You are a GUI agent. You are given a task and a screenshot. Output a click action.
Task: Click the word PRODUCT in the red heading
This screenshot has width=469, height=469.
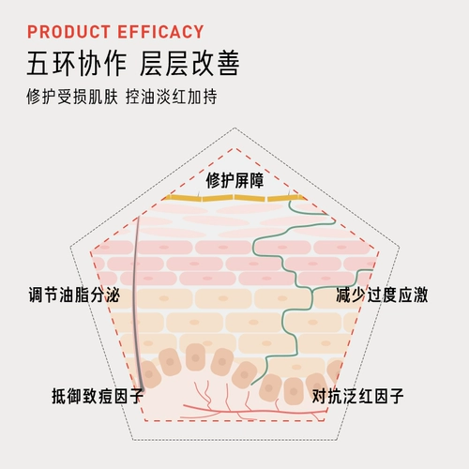[68, 32]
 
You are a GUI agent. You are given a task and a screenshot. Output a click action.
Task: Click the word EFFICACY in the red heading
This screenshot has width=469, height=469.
[160, 32]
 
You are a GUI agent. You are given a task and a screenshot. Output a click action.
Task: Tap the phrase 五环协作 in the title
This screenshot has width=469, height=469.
[77, 64]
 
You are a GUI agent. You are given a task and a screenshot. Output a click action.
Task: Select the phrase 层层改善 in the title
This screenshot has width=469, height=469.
[189, 64]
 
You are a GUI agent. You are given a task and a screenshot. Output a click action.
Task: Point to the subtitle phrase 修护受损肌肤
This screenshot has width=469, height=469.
[72, 97]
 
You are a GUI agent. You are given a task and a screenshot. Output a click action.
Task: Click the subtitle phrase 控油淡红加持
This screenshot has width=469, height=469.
[172, 97]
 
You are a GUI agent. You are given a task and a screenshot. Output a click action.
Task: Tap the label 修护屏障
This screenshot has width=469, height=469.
[234, 180]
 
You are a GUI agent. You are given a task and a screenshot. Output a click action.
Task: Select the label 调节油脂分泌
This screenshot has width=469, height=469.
[74, 295]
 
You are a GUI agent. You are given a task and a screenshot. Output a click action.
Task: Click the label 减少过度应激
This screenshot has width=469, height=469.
[382, 295]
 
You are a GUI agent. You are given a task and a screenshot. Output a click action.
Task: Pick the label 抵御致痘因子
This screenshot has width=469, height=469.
[98, 396]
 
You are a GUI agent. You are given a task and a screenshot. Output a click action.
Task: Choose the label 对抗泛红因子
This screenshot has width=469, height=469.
[357, 396]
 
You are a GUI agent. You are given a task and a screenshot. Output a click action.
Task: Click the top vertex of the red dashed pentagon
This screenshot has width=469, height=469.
[234, 148]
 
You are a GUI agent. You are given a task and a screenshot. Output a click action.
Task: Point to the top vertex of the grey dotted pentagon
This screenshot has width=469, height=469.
[234, 128]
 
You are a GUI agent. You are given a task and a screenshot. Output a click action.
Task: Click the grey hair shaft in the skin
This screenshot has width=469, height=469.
[135, 300]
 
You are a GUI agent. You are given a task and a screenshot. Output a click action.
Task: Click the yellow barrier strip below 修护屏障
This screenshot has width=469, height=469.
[234, 198]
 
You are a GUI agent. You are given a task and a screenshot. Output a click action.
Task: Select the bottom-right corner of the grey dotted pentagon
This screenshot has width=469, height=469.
[337, 440]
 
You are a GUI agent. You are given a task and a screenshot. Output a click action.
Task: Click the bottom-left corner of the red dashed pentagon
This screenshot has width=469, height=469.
[144, 420]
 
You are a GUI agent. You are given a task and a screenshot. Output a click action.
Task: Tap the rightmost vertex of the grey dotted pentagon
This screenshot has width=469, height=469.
[400, 247]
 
